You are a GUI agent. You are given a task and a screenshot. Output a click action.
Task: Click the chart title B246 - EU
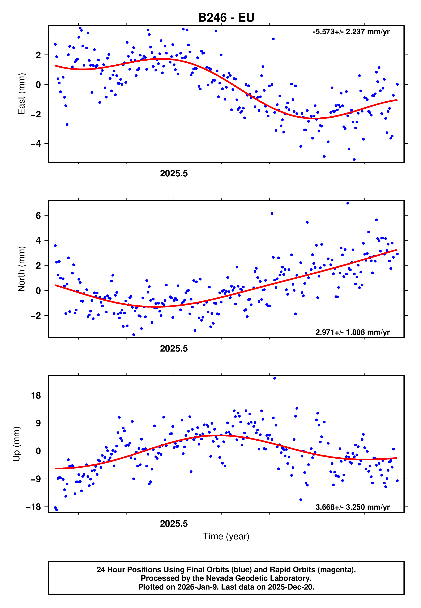click(x=226, y=18)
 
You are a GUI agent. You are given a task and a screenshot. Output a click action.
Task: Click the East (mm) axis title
click(x=21, y=94)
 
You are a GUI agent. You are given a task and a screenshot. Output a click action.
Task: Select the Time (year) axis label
click(x=226, y=536)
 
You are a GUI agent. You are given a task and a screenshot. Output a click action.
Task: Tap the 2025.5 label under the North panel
click(x=174, y=349)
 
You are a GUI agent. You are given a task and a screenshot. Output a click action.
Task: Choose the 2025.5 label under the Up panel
click(x=174, y=524)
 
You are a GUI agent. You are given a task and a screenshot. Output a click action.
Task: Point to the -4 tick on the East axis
click(x=36, y=144)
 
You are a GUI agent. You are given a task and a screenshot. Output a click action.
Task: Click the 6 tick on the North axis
click(x=38, y=215)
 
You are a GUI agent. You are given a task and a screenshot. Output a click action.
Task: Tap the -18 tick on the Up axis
click(x=33, y=507)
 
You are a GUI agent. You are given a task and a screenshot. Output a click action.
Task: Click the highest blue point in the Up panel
click(x=275, y=378)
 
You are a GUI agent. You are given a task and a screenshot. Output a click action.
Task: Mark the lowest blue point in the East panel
click(x=354, y=160)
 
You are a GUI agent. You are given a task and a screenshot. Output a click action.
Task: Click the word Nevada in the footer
click(x=221, y=578)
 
